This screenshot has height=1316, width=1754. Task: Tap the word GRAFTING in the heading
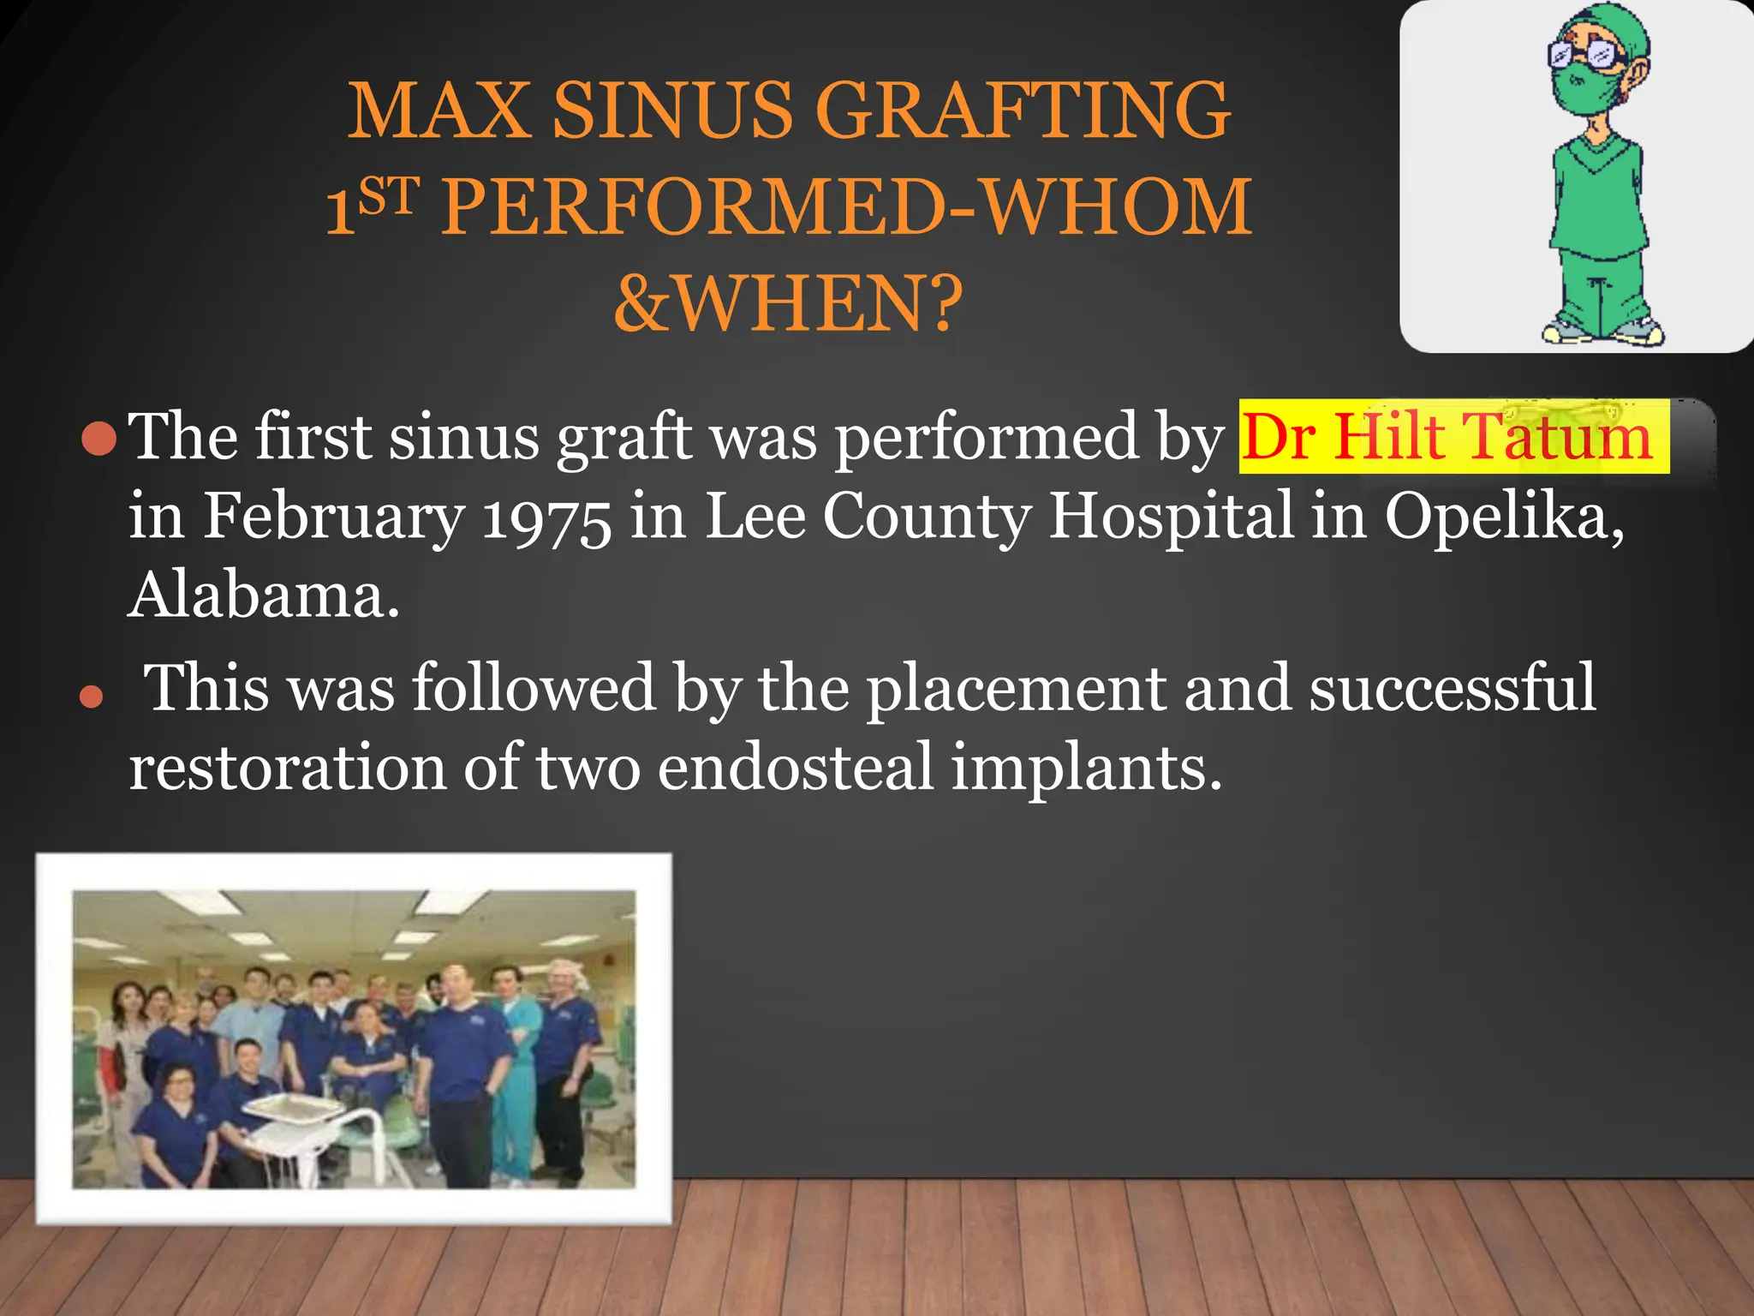click(x=1023, y=111)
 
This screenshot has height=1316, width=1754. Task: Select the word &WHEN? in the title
click(x=789, y=305)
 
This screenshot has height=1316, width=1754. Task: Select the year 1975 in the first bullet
click(x=546, y=517)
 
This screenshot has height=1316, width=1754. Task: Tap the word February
click(x=334, y=517)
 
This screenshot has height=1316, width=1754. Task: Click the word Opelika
click(x=1503, y=517)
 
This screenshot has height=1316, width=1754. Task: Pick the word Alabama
click(x=264, y=595)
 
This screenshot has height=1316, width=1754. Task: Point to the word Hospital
click(x=1170, y=517)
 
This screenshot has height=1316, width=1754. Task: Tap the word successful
click(x=1452, y=688)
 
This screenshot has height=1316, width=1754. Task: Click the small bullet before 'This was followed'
click(x=91, y=696)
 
